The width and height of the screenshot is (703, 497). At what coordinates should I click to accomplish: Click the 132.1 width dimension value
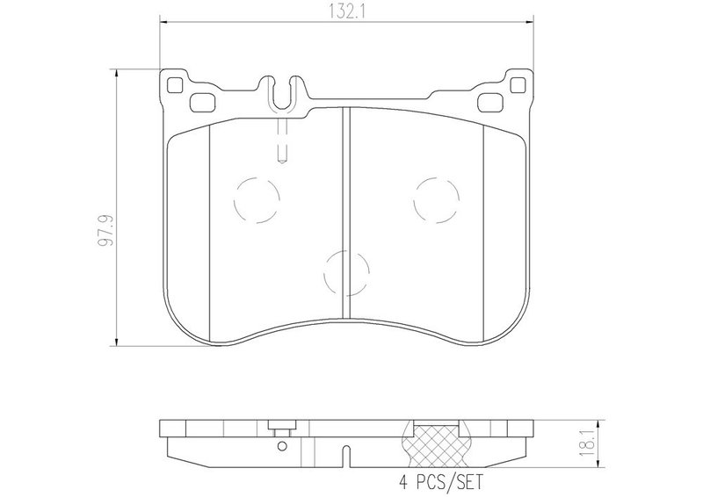point(347,12)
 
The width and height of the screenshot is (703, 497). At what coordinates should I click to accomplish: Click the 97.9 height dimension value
point(106,231)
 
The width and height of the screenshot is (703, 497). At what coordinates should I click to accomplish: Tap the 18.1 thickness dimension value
point(586,442)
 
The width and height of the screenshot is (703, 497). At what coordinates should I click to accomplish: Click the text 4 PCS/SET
point(441,482)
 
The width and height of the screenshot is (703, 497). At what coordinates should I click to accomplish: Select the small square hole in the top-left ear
point(174,84)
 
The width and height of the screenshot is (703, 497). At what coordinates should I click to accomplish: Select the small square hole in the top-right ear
point(518,84)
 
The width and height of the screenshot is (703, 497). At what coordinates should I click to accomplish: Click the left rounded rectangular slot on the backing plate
point(203,102)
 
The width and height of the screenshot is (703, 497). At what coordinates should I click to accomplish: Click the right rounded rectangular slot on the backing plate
point(490,103)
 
